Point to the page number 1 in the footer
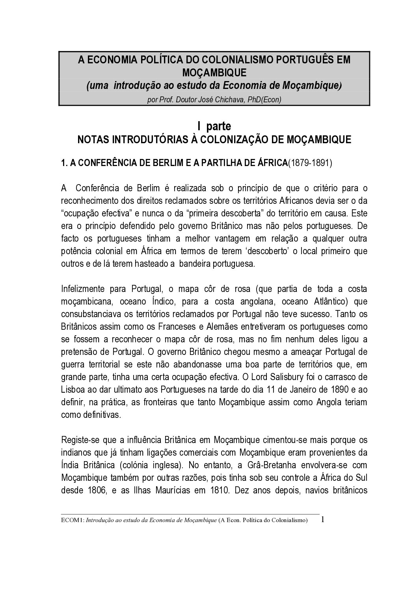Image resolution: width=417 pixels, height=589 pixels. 323,519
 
